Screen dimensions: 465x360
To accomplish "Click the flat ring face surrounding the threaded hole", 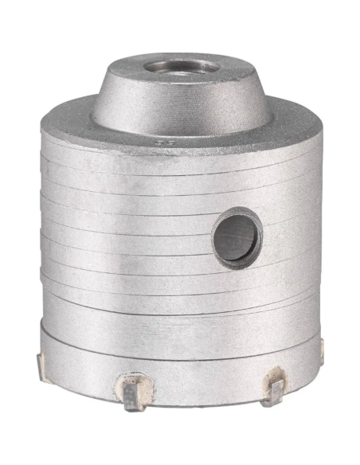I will (151, 65).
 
